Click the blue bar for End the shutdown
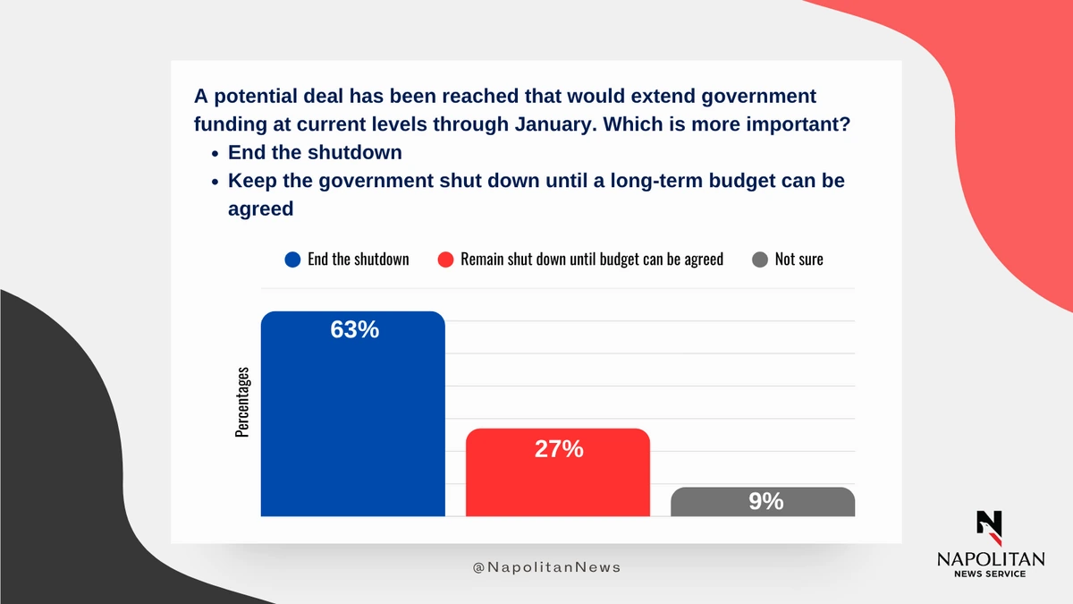(x=352, y=421)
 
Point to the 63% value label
(x=355, y=330)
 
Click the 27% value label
(x=559, y=449)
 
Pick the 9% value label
(x=766, y=502)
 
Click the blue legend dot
(x=292, y=259)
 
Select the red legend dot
(x=445, y=259)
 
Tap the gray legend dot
(x=760, y=259)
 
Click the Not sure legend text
(x=799, y=259)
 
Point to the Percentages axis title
(x=242, y=402)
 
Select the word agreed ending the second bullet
(x=261, y=208)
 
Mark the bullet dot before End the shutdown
(x=215, y=153)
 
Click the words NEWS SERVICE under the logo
(x=990, y=574)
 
